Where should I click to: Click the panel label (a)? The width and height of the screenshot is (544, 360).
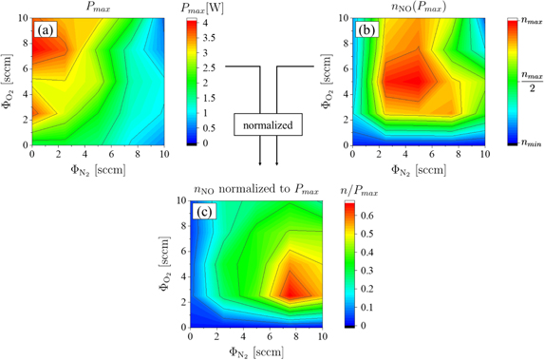45,28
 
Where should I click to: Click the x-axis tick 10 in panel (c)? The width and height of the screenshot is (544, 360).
322,337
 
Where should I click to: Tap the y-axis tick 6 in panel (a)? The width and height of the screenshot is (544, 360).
24,69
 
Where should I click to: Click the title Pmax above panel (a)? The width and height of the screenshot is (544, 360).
98,8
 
